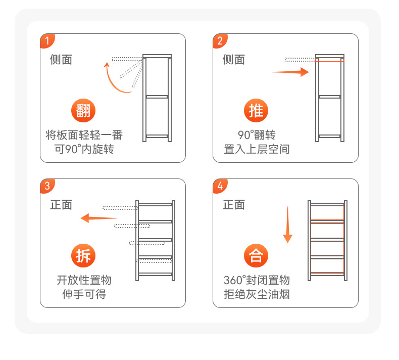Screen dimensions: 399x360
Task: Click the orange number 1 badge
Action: (x=46, y=40)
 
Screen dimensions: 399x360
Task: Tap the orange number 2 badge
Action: (x=219, y=40)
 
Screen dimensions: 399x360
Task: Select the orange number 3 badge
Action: (x=46, y=186)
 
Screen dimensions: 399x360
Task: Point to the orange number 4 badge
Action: (x=219, y=186)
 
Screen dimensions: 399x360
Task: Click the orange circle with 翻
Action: (x=83, y=110)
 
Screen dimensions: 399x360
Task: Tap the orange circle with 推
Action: (x=256, y=110)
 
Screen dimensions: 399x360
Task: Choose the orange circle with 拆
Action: (x=83, y=255)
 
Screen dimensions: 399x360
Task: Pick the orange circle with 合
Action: (x=256, y=255)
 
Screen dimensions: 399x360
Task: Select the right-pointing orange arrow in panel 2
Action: (x=290, y=72)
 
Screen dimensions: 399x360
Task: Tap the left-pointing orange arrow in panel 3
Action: (x=99, y=218)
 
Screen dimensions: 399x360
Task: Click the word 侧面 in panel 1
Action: (x=61, y=60)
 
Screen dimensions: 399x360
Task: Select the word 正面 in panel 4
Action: (x=234, y=205)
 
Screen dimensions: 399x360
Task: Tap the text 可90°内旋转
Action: (x=84, y=149)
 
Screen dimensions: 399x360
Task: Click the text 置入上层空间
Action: (x=257, y=149)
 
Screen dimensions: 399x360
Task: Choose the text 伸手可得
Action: (x=84, y=294)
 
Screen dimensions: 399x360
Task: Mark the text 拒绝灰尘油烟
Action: (x=257, y=294)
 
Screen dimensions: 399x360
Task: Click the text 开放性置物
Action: (x=84, y=281)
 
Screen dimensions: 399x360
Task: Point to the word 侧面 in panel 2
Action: (x=234, y=60)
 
